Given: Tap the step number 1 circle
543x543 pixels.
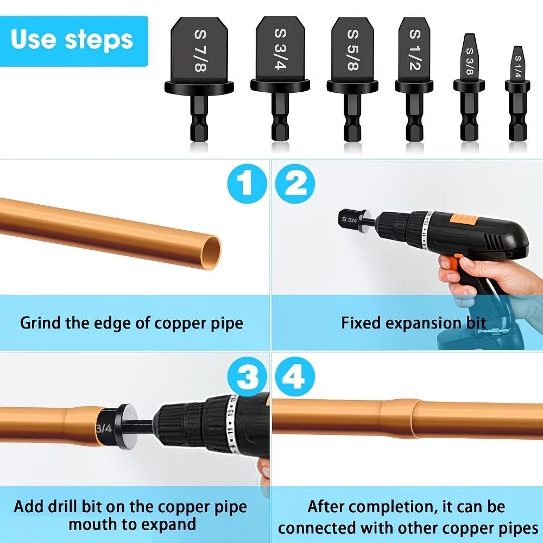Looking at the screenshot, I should click(247, 184).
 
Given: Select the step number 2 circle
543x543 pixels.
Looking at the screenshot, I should click(295, 184).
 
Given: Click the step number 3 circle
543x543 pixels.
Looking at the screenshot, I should click(247, 376).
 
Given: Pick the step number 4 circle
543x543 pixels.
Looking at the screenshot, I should click(295, 376).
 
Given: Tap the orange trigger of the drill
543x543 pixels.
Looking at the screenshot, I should click(447, 263).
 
